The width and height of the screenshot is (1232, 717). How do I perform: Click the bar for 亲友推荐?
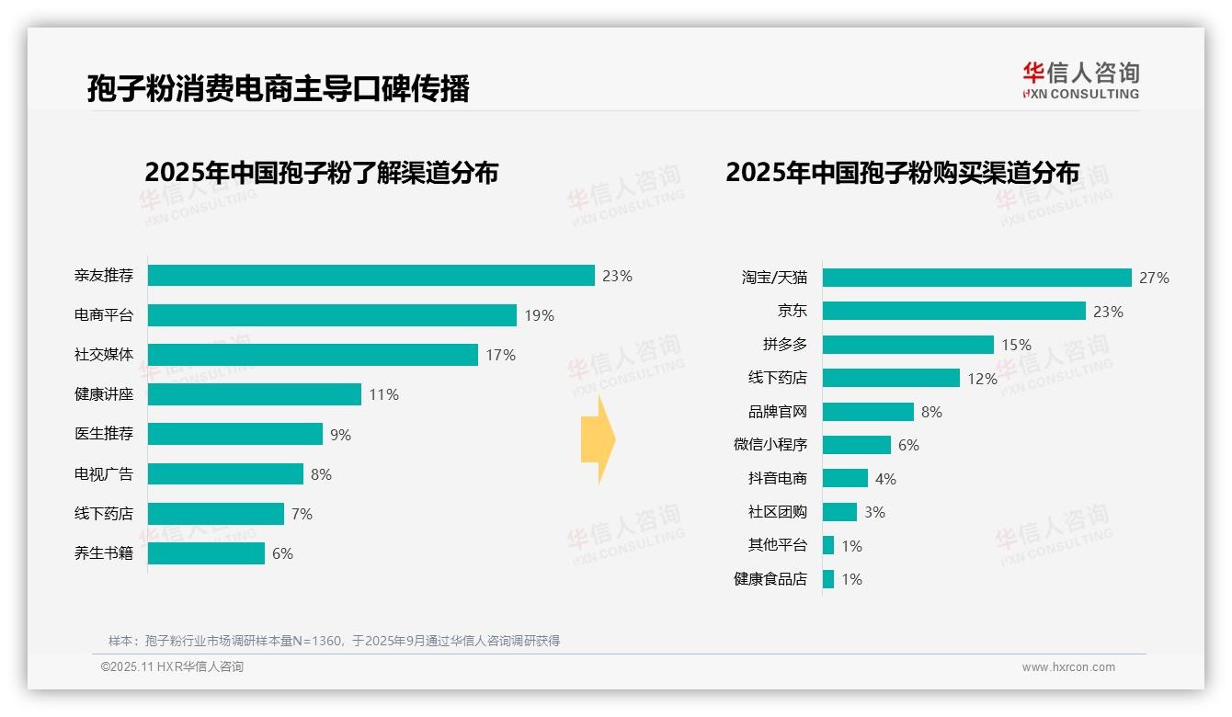coord(371,276)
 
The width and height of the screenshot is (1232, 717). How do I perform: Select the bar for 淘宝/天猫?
coord(976,278)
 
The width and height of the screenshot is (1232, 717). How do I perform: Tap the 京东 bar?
coord(953,311)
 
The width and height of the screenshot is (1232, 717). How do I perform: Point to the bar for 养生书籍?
coord(206,553)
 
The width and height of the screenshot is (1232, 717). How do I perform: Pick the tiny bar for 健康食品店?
coord(828,579)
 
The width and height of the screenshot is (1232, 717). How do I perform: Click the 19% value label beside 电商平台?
coord(539,315)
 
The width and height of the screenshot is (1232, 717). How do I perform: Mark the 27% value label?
coord(1154,278)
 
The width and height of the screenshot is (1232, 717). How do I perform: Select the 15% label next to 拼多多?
coord(1016,345)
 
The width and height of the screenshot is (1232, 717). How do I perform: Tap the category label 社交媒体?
coord(104,355)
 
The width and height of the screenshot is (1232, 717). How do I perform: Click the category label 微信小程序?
coord(770,445)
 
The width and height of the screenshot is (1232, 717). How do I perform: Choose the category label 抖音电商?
coord(777,478)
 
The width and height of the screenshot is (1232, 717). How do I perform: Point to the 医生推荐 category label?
coord(104,434)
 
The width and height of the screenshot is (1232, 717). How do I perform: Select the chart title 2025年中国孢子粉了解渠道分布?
coord(321,173)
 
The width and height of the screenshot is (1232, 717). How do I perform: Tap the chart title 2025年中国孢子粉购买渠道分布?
coord(902,173)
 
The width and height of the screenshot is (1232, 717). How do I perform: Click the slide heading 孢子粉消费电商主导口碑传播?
coord(278,89)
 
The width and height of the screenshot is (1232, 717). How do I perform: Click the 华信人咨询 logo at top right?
coord(1080,80)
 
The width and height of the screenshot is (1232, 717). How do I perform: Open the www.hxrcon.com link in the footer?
coord(1067,667)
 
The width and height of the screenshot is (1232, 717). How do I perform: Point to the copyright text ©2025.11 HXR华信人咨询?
coord(172,667)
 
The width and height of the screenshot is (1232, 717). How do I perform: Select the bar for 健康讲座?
coord(255,394)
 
